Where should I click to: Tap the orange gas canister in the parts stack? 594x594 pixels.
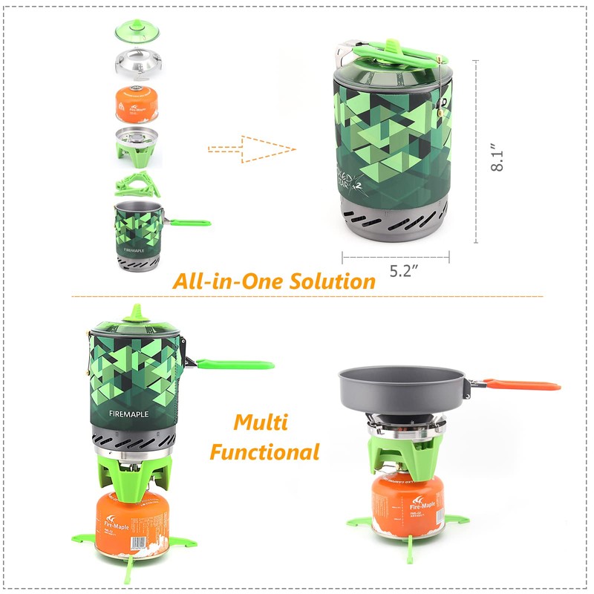pos(136,104)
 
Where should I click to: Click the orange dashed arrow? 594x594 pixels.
pos(252,148)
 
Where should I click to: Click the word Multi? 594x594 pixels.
pos(261,422)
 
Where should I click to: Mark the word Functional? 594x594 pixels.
pos(264,451)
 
